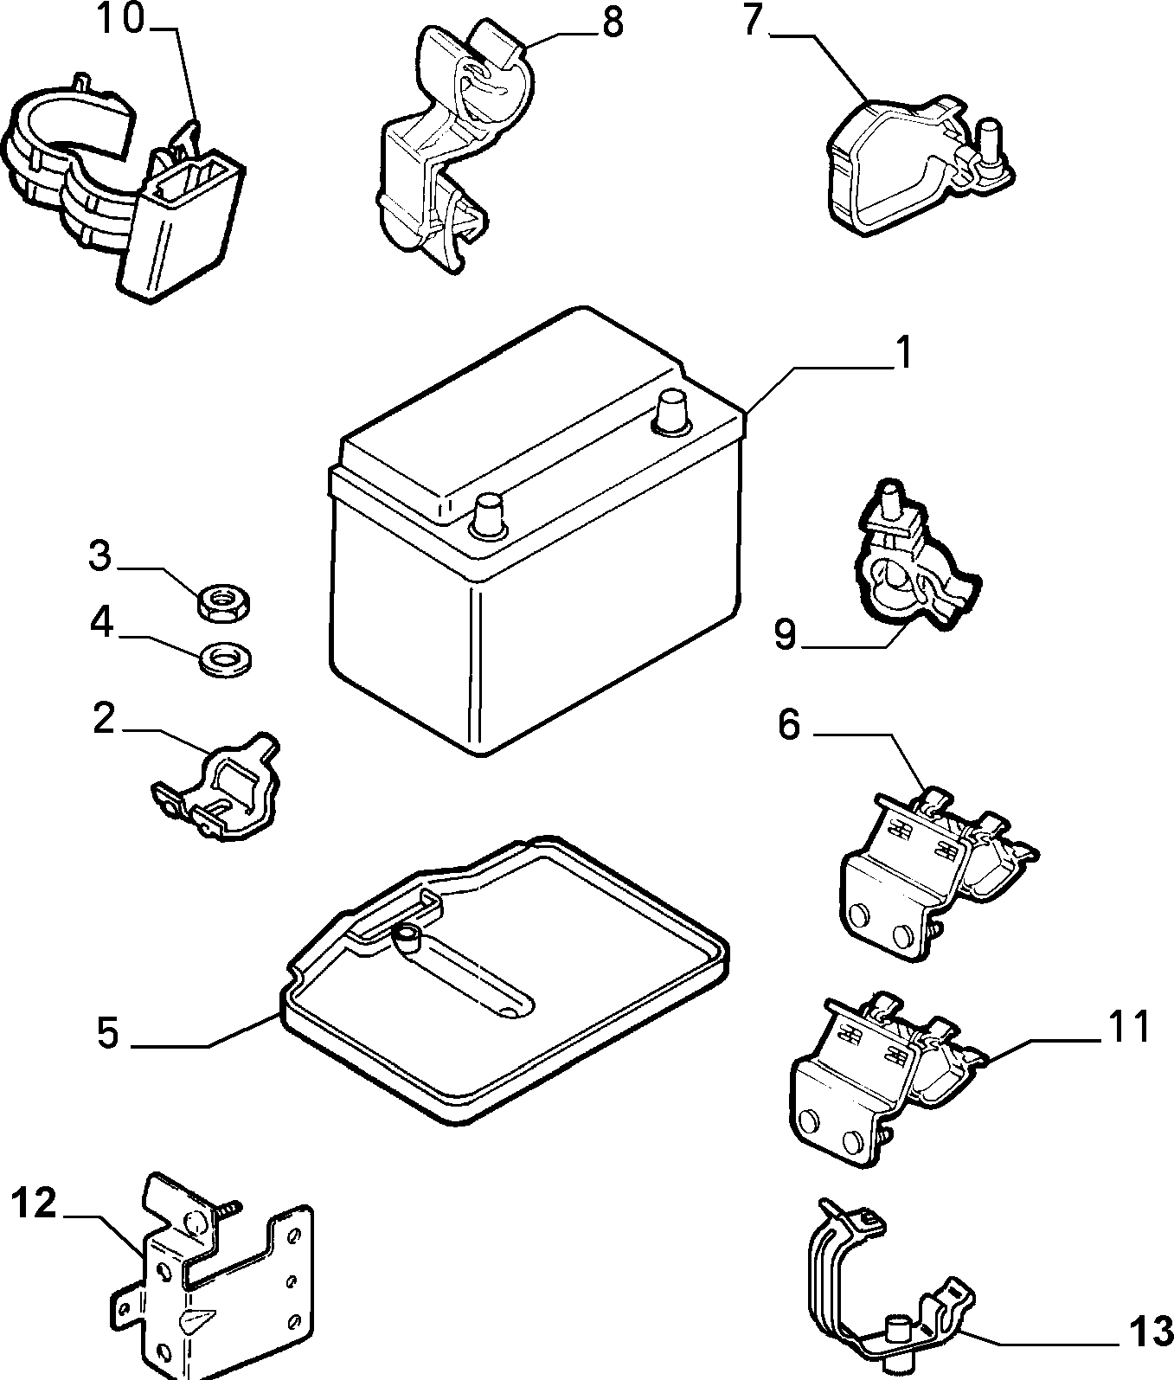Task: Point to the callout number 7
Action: point(752,21)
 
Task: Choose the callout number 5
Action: point(107,1033)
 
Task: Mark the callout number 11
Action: point(1128,1026)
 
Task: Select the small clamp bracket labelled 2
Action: point(216,786)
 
